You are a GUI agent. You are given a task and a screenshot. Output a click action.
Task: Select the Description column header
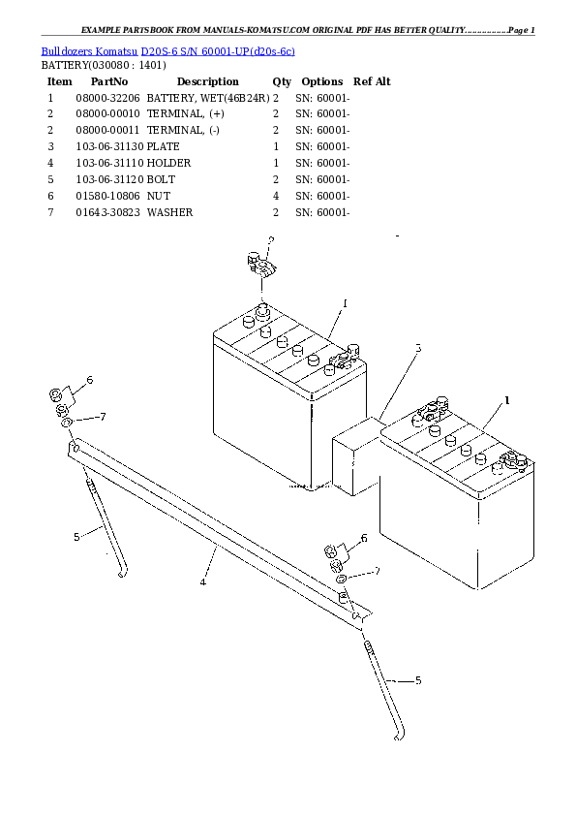click(x=207, y=82)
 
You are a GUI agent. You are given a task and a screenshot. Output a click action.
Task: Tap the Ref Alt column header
click(x=372, y=82)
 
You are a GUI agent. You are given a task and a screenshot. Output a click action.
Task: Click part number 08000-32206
click(x=107, y=99)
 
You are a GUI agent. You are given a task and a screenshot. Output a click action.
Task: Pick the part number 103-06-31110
click(x=107, y=164)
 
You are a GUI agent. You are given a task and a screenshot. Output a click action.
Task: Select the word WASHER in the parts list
click(x=170, y=212)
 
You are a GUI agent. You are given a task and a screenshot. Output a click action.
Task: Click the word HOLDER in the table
click(x=169, y=164)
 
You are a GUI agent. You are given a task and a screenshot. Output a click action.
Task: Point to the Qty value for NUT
click(x=276, y=196)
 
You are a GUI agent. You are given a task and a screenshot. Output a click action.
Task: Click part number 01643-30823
click(x=107, y=212)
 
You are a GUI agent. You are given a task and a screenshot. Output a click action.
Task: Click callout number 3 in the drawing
click(x=418, y=348)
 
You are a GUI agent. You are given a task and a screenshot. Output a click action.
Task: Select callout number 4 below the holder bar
click(x=202, y=581)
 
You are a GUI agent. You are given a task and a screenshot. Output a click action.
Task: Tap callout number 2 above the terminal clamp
click(x=270, y=238)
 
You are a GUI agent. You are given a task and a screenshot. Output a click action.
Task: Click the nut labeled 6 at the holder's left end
click(x=58, y=395)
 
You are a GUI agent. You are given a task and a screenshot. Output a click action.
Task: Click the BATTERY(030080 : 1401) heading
click(x=104, y=65)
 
